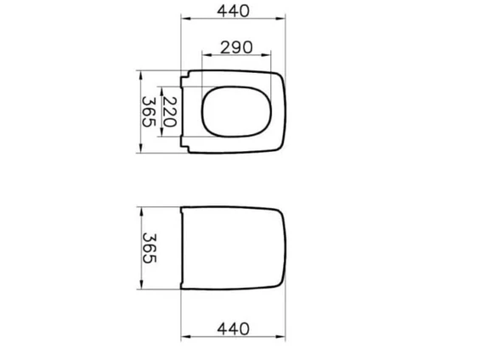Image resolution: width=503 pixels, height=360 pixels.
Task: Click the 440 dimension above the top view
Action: click(x=232, y=11)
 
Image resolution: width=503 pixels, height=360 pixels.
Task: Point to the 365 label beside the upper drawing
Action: click(x=148, y=111)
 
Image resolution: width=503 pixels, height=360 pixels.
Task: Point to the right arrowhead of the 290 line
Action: click(x=270, y=57)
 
